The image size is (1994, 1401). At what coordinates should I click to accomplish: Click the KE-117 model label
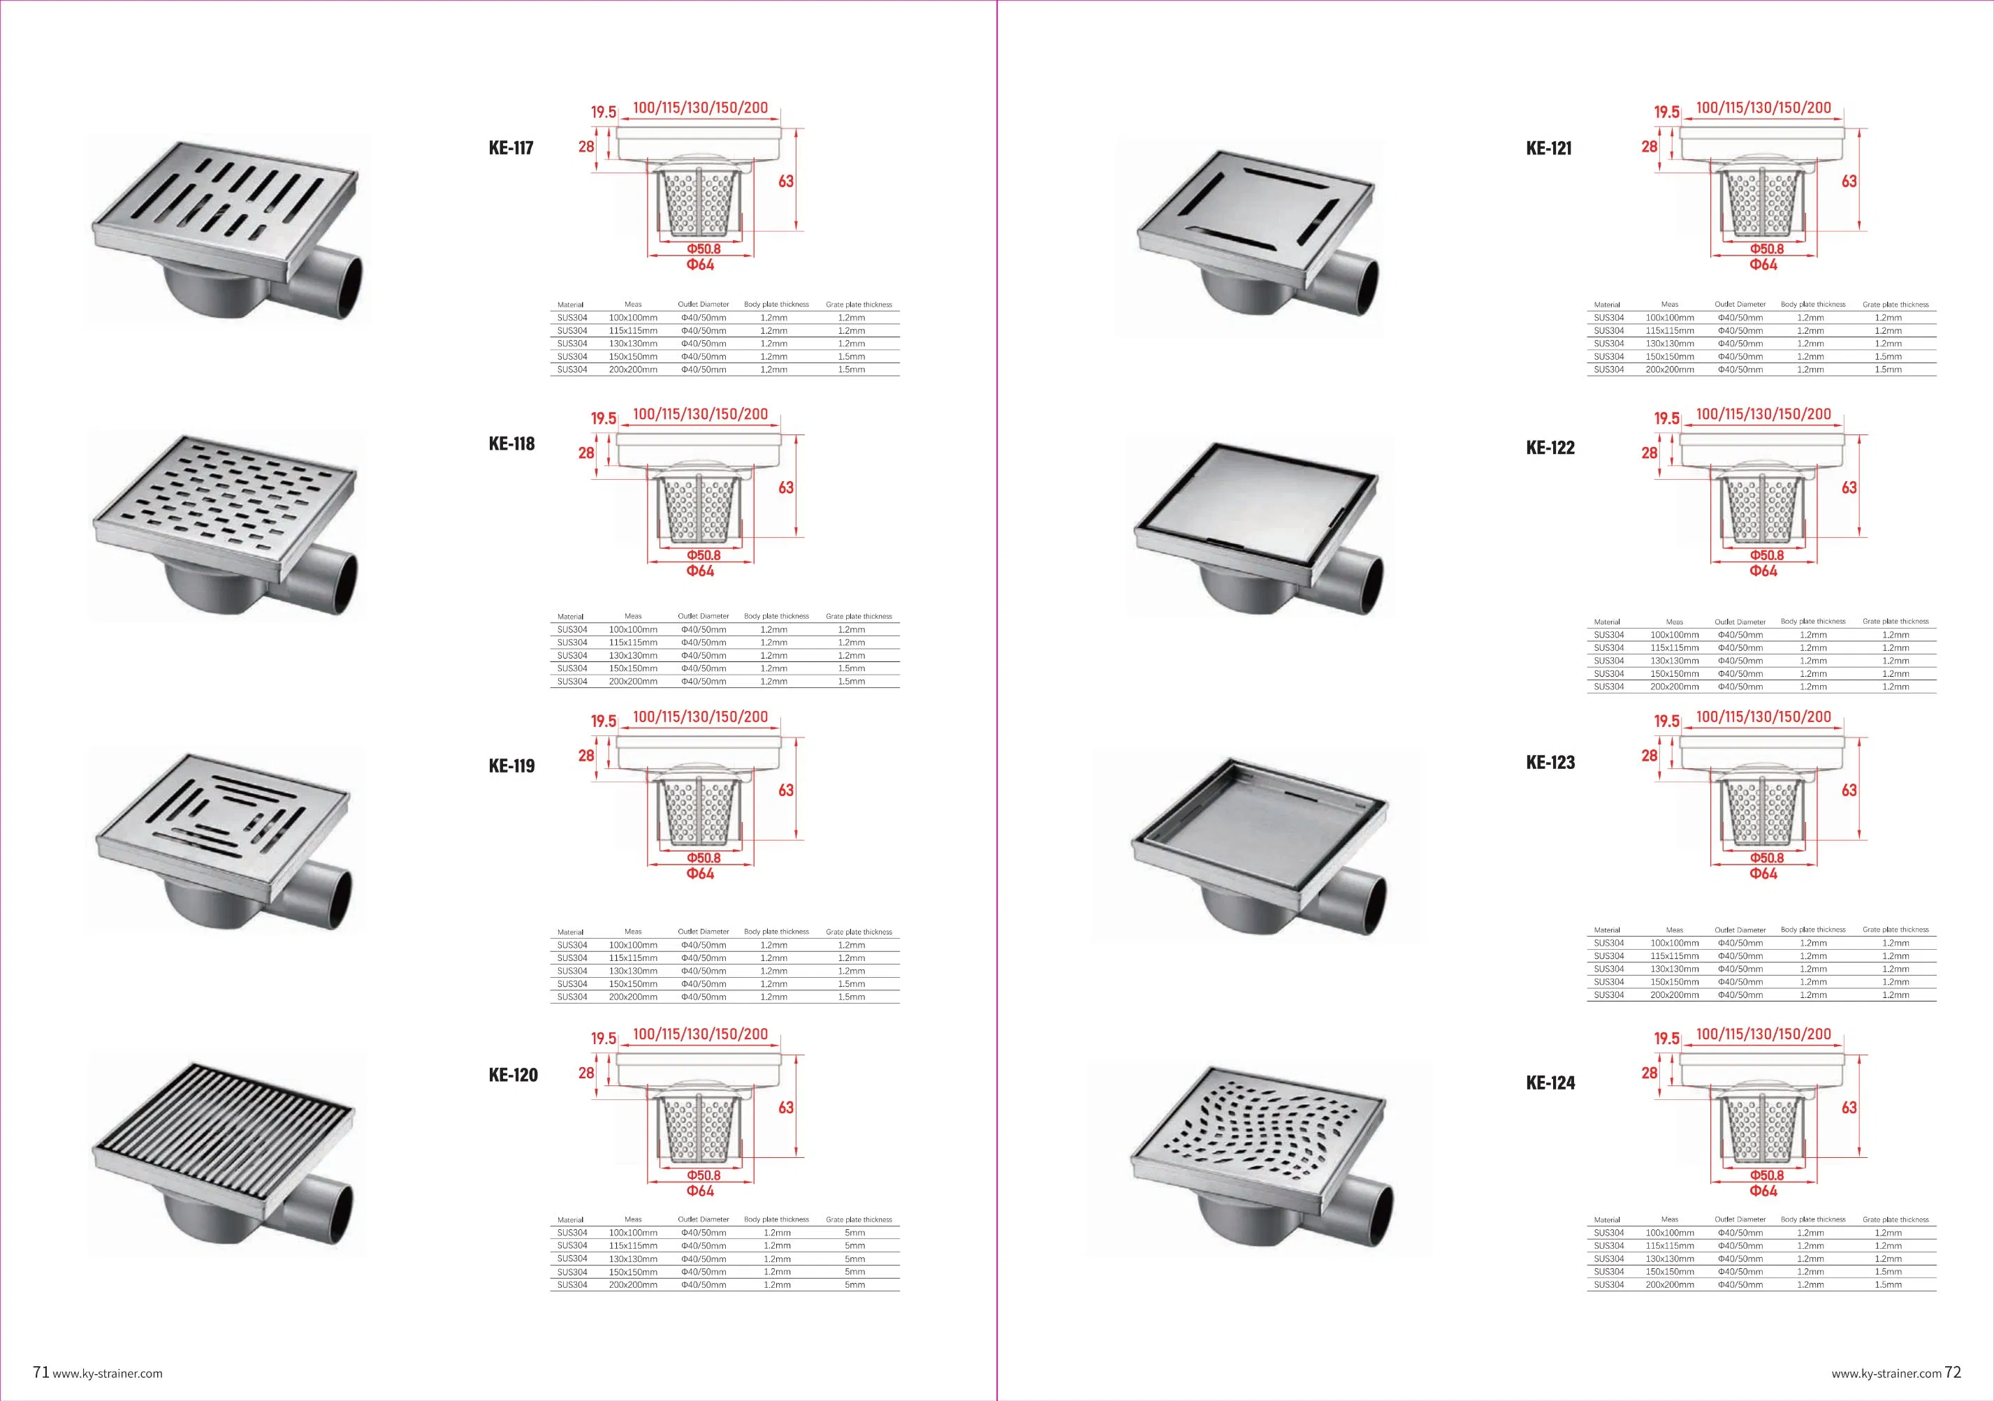pyautogui.click(x=511, y=147)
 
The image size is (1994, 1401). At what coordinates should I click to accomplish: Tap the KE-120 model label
pyautogui.click(x=514, y=1075)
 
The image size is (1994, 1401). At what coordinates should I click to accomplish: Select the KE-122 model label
pyautogui.click(x=1550, y=448)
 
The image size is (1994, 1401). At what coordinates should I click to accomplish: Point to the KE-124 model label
pyautogui.click(x=1550, y=1083)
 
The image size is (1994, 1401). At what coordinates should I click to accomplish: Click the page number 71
pyautogui.click(x=40, y=1372)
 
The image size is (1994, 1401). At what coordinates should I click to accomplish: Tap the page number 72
pyautogui.click(x=1952, y=1372)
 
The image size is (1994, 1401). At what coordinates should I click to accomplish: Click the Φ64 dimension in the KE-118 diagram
pyautogui.click(x=700, y=571)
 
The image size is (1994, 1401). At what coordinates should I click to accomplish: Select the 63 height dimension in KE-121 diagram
pyautogui.click(x=1849, y=182)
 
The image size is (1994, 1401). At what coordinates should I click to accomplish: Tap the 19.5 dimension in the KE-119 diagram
pyautogui.click(x=604, y=721)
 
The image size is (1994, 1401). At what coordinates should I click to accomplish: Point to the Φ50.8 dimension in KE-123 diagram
pyautogui.click(x=1766, y=858)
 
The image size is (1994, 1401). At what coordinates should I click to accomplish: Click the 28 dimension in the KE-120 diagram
pyautogui.click(x=586, y=1073)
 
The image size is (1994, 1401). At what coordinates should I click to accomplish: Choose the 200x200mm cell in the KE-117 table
pyautogui.click(x=633, y=369)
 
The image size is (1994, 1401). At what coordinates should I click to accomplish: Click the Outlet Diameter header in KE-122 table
pyautogui.click(x=1740, y=622)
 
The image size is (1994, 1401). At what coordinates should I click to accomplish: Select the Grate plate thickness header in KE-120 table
pyautogui.click(x=859, y=1219)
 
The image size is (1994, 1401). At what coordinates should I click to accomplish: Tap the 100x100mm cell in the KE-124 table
pyautogui.click(x=1670, y=1233)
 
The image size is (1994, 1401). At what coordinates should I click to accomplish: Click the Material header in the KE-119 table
pyautogui.click(x=571, y=932)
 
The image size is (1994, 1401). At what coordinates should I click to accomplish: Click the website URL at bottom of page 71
pyautogui.click(x=108, y=1374)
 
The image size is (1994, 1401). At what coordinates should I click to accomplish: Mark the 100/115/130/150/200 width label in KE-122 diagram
pyautogui.click(x=1763, y=414)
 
